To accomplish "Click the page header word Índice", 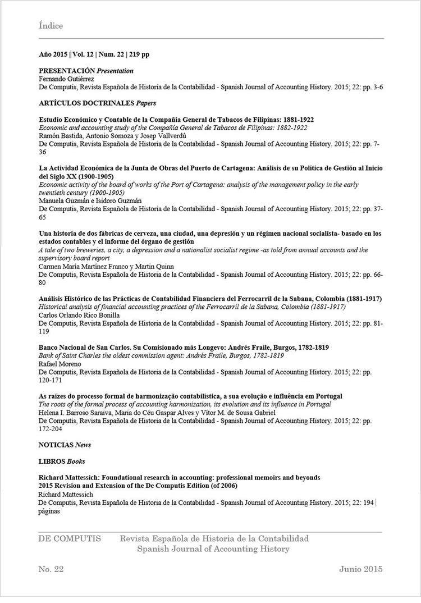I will tap(51, 26).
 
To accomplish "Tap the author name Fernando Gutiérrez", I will tap(62, 79).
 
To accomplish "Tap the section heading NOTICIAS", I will tap(56, 445).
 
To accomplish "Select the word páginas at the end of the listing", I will tap(49, 510).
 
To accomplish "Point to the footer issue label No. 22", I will tap(52, 569).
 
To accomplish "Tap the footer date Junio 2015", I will tap(360, 569).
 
